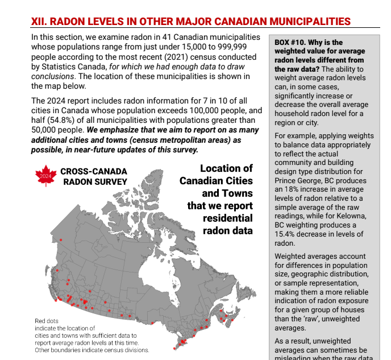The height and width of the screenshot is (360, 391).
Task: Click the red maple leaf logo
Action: click(x=45, y=176)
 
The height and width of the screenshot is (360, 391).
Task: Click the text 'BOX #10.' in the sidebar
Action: click(x=293, y=43)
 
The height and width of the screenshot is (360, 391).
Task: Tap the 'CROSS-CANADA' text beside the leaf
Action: click(x=94, y=171)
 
